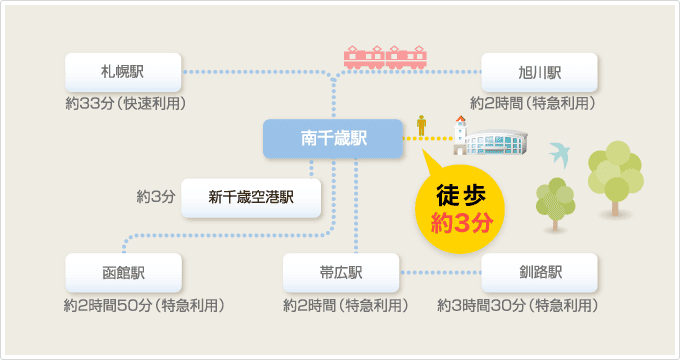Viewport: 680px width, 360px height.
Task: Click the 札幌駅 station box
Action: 124,72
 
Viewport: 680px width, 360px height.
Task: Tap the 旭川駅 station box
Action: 540,72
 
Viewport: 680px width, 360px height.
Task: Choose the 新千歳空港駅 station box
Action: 251,197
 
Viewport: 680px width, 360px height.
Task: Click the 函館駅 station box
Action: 124,272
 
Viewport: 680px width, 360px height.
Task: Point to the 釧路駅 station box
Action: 540,272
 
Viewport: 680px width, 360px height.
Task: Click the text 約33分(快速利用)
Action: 126,104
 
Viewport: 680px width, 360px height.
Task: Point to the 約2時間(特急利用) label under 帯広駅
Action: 346,304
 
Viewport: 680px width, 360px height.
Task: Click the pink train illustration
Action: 386,56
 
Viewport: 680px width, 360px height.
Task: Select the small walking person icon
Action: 423,125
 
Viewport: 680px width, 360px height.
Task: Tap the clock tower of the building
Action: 461,130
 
